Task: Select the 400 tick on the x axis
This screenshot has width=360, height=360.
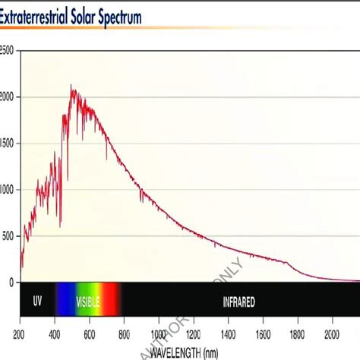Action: click(x=55, y=334)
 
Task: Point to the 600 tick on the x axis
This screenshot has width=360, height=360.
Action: click(x=89, y=334)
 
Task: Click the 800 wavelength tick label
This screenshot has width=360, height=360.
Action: click(x=124, y=334)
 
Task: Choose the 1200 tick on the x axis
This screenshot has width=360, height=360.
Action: click(x=193, y=334)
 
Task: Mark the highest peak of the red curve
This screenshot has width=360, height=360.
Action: click(x=71, y=86)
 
